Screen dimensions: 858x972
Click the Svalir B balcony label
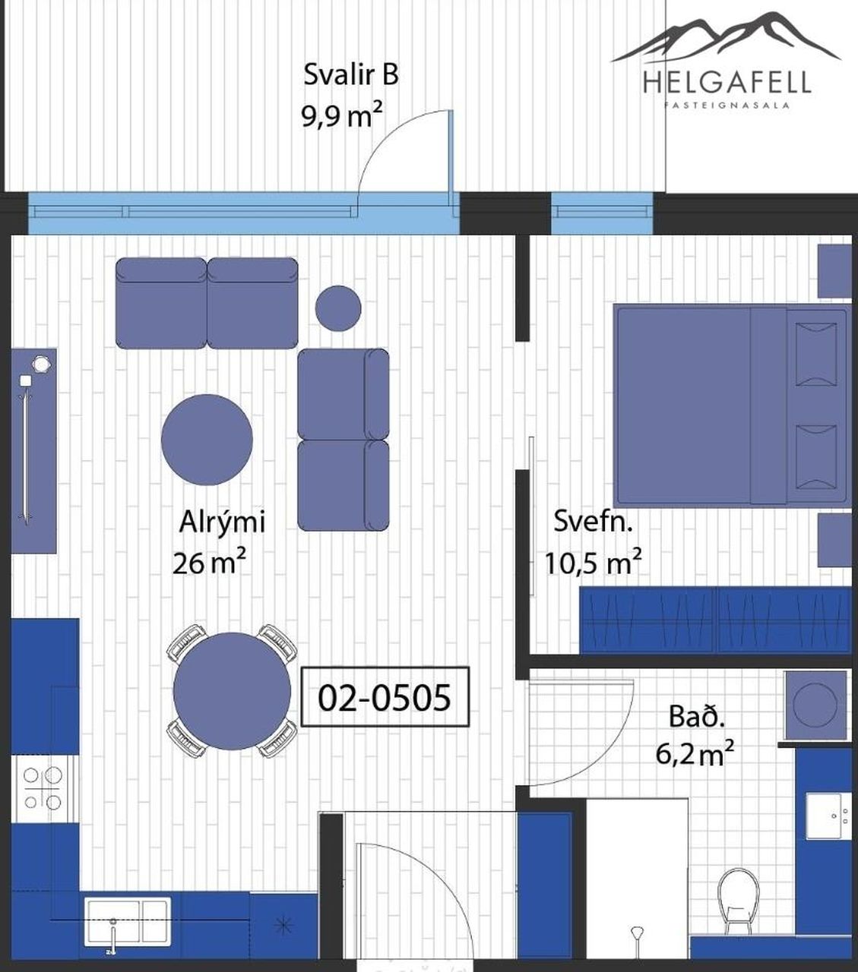tap(351, 75)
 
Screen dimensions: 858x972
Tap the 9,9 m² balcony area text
tap(342, 115)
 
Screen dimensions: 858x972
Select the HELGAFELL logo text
tap(727, 81)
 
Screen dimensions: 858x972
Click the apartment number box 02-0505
tap(385, 696)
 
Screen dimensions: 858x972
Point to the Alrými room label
tap(222, 522)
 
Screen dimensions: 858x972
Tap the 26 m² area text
tap(209, 562)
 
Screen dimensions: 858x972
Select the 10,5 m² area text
tap(593, 562)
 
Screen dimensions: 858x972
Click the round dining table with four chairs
tap(232, 691)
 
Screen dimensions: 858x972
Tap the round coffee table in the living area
tap(207, 440)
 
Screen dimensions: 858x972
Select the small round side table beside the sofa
tap(338, 308)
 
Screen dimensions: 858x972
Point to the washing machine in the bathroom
tap(815, 705)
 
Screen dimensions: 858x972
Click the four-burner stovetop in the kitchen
tap(43, 787)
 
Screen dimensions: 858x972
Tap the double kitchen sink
tap(128, 921)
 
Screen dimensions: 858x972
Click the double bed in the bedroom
tap(732, 406)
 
